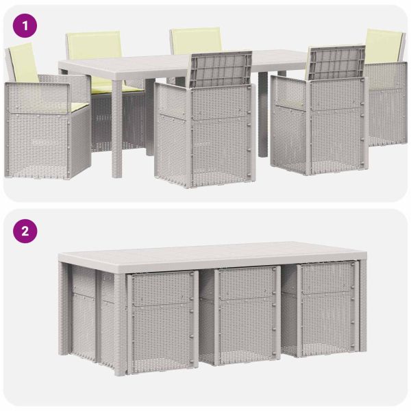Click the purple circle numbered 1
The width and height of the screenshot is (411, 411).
pyautogui.click(x=25, y=26)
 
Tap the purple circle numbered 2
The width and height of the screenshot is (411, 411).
pyautogui.click(x=25, y=232)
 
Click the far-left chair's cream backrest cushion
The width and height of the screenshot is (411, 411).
pyautogui.click(x=23, y=63)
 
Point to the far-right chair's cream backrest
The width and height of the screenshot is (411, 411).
pyautogui.click(x=384, y=46)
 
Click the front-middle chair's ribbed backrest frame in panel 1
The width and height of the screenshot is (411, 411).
pyautogui.click(x=221, y=69)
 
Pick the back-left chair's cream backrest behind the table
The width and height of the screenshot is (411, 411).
pyautogui.click(x=95, y=45)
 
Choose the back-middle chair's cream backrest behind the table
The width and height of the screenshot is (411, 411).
pyautogui.click(x=196, y=40)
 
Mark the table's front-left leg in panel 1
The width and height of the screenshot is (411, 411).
pyautogui.click(x=117, y=129)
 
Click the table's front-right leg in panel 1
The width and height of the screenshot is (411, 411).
pyautogui.click(x=263, y=114)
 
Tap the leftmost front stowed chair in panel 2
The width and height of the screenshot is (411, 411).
pyautogui.click(x=162, y=322)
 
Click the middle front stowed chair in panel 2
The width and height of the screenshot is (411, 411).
pyautogui.click(x=247, y=316)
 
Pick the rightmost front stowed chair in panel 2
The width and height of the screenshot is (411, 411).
pyautogui.click(x=327, y=310)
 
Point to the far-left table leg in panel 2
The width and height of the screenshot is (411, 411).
pyautogui.click(x=63, y=308)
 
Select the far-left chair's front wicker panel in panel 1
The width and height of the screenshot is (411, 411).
pyautogui.click(x=37, y=131)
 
